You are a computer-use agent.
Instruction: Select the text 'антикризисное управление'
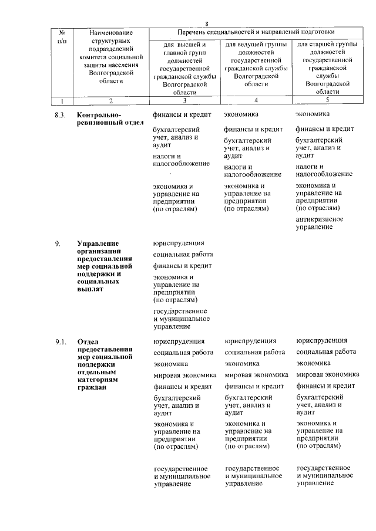point(320,223)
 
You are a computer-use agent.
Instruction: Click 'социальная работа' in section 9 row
point(183,255)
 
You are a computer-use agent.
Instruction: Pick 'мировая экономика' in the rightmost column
point(327,374)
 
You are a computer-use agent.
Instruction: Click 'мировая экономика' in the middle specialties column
point(254,374)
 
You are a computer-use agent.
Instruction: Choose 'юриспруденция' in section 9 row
point(179,243)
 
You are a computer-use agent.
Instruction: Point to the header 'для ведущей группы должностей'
point(256,48)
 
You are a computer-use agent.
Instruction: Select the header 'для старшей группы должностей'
point(327,48)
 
